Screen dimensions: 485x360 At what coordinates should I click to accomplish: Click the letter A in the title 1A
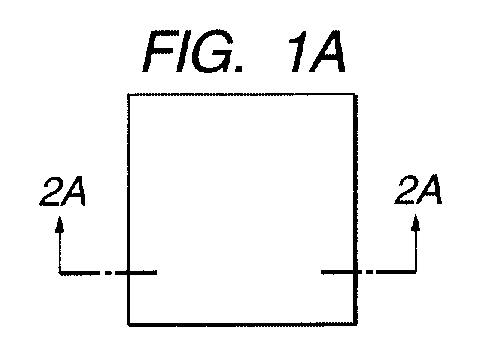click(328, 52)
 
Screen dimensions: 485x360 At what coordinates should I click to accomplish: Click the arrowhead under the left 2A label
click(60, 224)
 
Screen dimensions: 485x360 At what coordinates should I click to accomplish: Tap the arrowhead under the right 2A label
click(416, 222)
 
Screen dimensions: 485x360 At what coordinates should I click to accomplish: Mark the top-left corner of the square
click(128, 94)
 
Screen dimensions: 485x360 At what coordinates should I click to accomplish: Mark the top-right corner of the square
click(355, 94)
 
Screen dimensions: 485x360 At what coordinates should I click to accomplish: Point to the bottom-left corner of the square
click(129, 324)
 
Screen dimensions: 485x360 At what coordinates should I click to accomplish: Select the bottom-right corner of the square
click(355, 324)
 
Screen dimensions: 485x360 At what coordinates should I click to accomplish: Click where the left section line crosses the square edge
click(128, 273)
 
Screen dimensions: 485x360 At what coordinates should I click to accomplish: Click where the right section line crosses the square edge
click(355, 272)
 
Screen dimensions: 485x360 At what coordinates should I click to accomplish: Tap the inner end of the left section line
click(157, 273)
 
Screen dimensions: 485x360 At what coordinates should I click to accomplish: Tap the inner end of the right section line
click(321, 272)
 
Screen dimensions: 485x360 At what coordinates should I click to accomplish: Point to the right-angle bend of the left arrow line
click(60, 273)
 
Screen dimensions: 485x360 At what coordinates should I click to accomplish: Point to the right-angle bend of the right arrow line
click(416, 272)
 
